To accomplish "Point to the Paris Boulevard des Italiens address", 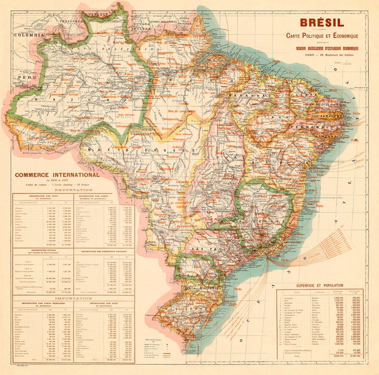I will click(x=322, y=54).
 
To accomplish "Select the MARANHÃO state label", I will click(x=247, y=96).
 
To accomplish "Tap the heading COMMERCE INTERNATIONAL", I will click(x=57, y=175).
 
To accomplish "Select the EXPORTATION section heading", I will click(x=74, y=190).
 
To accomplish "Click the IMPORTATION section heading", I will click(x=74, y=298).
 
